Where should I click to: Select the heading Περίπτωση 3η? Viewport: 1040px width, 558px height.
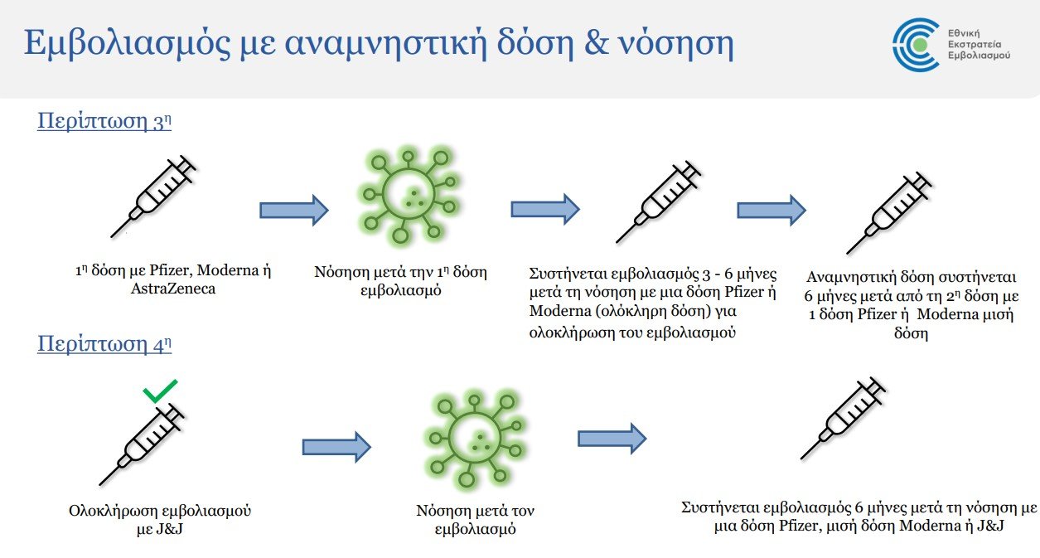104,121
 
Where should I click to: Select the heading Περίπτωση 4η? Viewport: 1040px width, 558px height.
104,344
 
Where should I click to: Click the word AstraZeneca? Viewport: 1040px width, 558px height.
173,289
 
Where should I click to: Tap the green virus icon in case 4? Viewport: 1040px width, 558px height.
476,439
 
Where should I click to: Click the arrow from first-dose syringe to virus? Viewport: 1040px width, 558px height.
294,210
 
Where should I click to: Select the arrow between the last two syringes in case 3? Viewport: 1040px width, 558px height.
772,210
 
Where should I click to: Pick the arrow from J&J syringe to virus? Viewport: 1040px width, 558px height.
336,447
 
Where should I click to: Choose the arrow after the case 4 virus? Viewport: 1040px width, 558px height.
612,438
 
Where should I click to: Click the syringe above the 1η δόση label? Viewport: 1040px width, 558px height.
153,197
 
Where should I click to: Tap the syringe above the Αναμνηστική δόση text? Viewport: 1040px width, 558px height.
889,213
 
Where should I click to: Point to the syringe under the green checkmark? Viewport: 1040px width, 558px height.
142,444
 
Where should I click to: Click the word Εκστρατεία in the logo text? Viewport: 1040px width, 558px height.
975,45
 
